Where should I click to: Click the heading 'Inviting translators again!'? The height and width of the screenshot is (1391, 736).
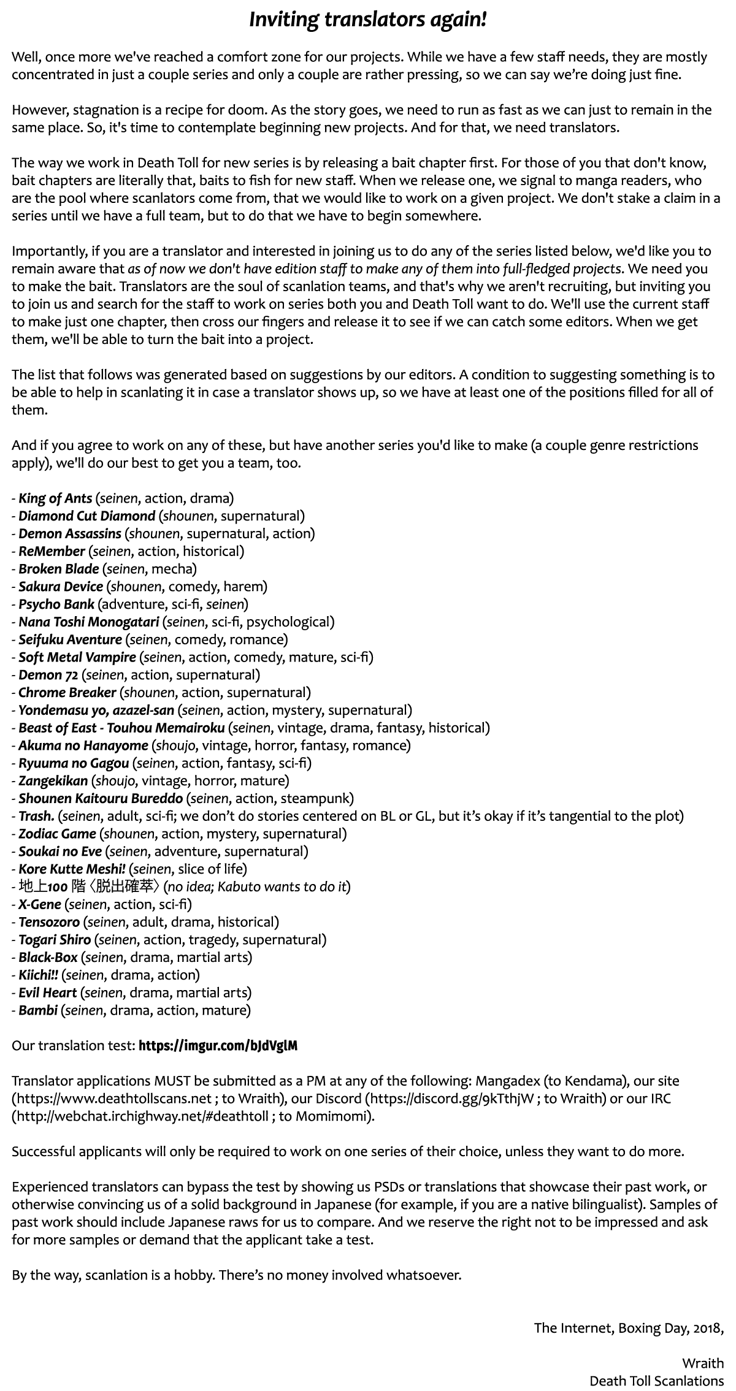367,20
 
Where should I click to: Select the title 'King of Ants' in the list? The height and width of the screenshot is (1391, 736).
55,498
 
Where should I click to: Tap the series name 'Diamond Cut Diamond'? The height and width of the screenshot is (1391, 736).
86,516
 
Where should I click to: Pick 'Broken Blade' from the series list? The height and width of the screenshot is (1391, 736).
58,569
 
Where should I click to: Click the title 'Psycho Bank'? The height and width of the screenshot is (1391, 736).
56,604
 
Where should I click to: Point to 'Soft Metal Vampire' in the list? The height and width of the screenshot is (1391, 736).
77,657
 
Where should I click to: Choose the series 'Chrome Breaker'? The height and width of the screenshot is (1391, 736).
67,693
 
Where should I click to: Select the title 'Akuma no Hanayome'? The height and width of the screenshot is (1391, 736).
83,745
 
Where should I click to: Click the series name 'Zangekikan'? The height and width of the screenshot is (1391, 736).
53,781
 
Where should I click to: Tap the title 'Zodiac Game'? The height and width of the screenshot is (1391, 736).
57,834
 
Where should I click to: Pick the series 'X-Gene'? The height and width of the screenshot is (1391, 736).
40,904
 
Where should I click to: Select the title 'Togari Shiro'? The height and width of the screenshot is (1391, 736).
55,940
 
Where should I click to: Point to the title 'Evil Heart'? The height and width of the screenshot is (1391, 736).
47,993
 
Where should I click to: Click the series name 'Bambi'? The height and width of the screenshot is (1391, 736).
38,1010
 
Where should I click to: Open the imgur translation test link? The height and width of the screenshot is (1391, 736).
218,1046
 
